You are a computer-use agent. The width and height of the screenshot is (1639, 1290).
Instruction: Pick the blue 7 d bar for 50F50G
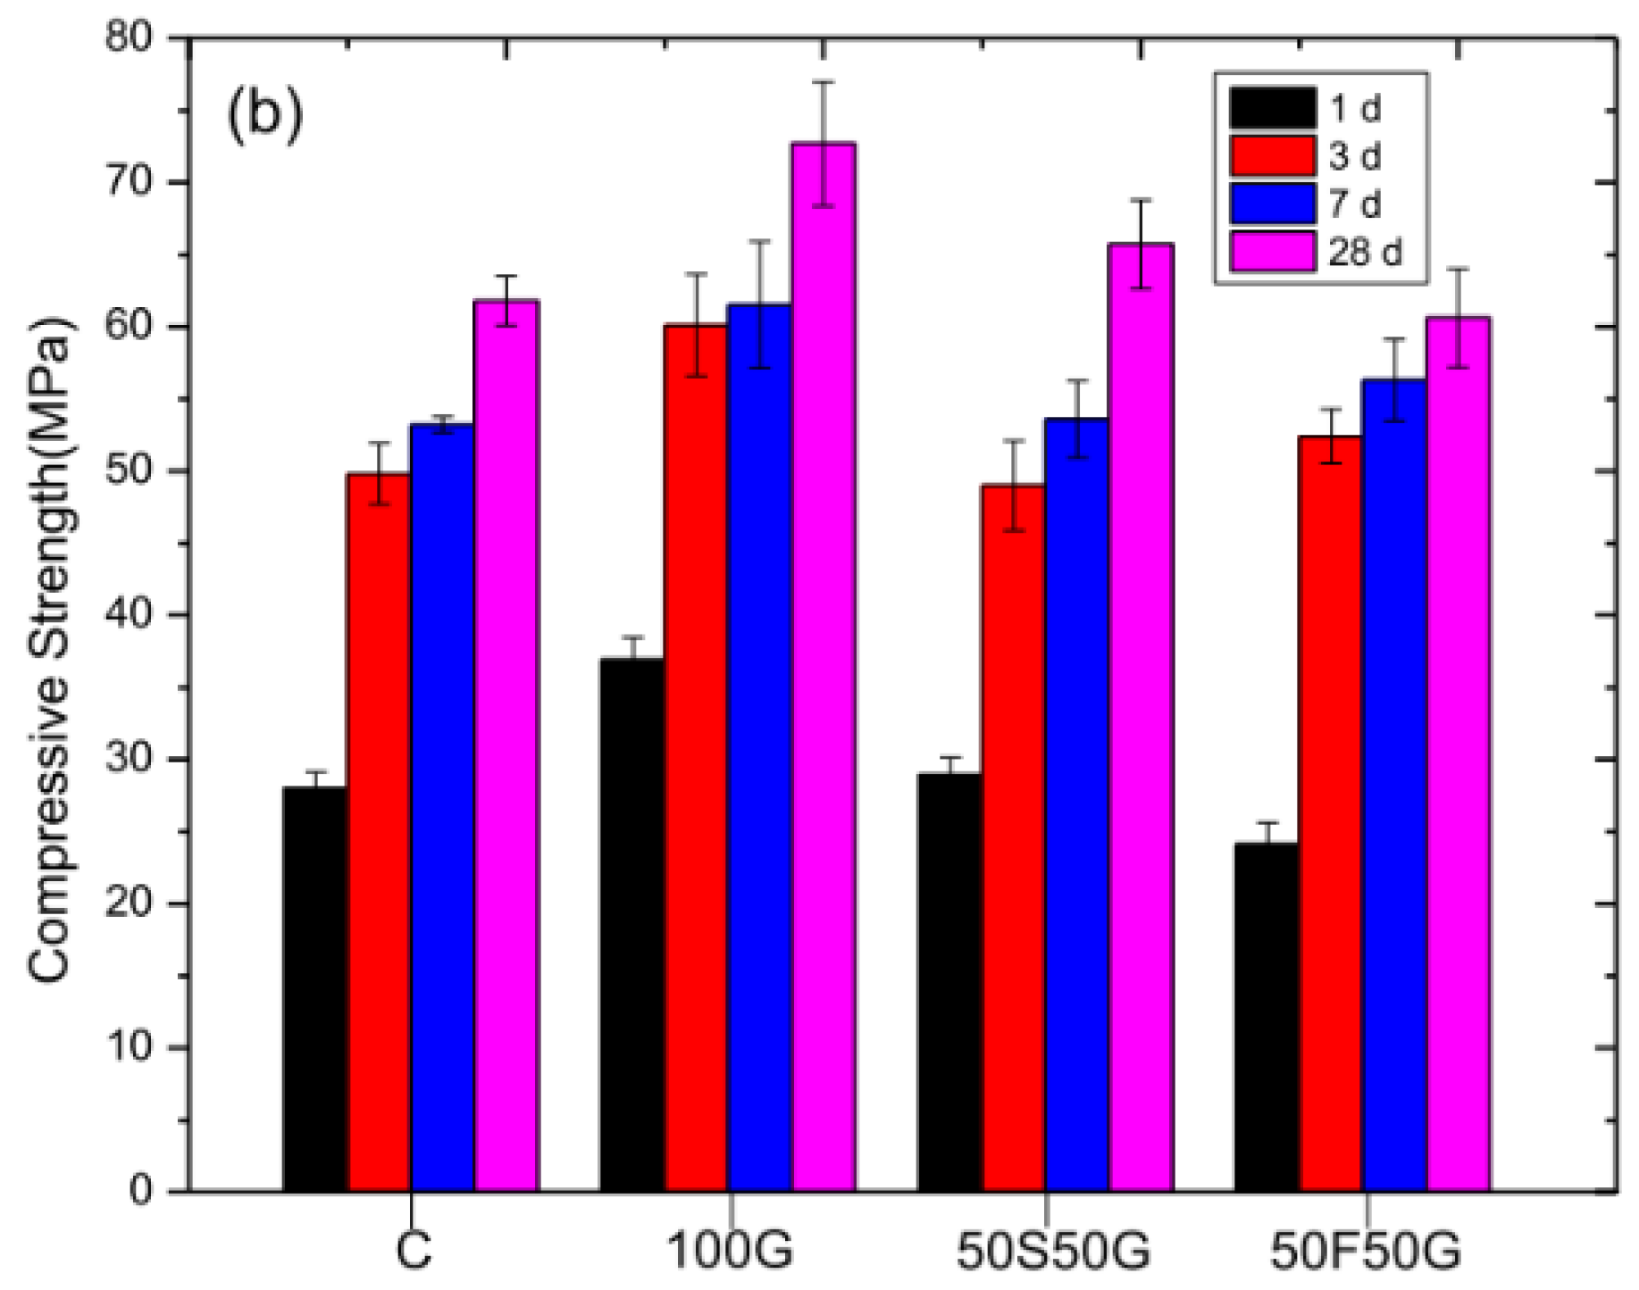1393,785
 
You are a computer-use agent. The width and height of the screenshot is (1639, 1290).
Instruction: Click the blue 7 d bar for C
442,807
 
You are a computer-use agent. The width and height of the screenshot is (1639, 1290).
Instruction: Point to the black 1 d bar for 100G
632,924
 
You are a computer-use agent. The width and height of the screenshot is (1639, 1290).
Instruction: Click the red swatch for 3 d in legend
1272,155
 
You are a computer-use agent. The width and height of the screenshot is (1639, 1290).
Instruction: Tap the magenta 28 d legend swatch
1272,252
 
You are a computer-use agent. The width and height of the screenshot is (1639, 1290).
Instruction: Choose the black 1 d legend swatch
1272,108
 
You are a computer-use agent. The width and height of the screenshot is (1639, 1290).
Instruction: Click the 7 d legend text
1354,204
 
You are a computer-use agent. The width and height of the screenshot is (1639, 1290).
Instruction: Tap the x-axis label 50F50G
1366,1252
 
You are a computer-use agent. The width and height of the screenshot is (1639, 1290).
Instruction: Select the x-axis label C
413,1252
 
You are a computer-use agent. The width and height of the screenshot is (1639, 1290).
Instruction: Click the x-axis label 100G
730,1252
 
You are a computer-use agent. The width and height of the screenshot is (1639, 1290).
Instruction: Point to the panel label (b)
265,114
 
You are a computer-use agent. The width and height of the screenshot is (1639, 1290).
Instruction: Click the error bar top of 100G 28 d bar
823,82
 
